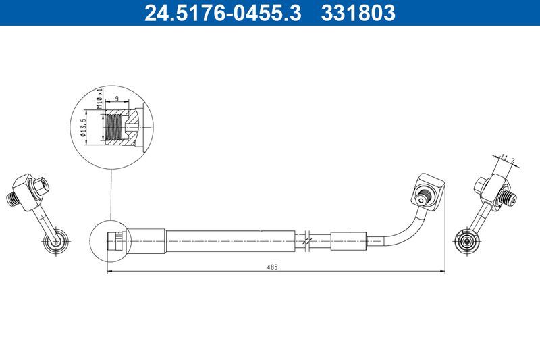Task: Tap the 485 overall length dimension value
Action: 272,267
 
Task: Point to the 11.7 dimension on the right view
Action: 508,159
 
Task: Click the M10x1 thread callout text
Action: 99,99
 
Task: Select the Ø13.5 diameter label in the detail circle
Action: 82,127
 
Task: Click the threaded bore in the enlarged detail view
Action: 116,126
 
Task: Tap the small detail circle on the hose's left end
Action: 109,240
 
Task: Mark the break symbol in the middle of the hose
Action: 307,240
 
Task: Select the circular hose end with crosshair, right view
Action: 465,240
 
